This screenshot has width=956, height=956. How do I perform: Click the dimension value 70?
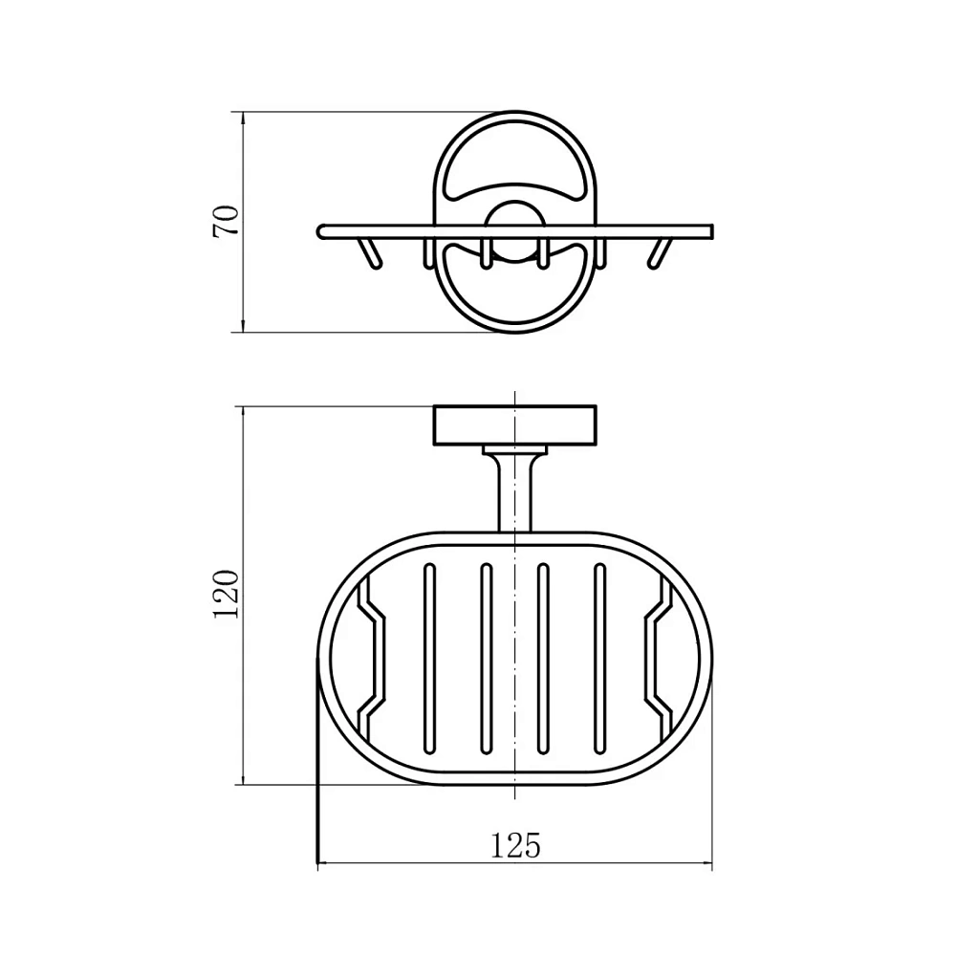pos(226,222)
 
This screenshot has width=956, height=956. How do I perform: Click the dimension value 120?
pos(226,595)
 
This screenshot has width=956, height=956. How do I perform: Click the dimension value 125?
pos(515,846)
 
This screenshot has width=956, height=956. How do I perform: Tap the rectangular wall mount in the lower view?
pos(514,425)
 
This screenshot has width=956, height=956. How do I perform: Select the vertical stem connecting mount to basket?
pos(514,494)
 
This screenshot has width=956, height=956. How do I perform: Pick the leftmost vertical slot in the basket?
pos(430,658)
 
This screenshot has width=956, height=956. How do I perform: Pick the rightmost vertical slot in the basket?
pos(600,658)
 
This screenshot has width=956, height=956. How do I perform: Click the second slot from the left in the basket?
pos(486,658)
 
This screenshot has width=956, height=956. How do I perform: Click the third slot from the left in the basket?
pos(543,658)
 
